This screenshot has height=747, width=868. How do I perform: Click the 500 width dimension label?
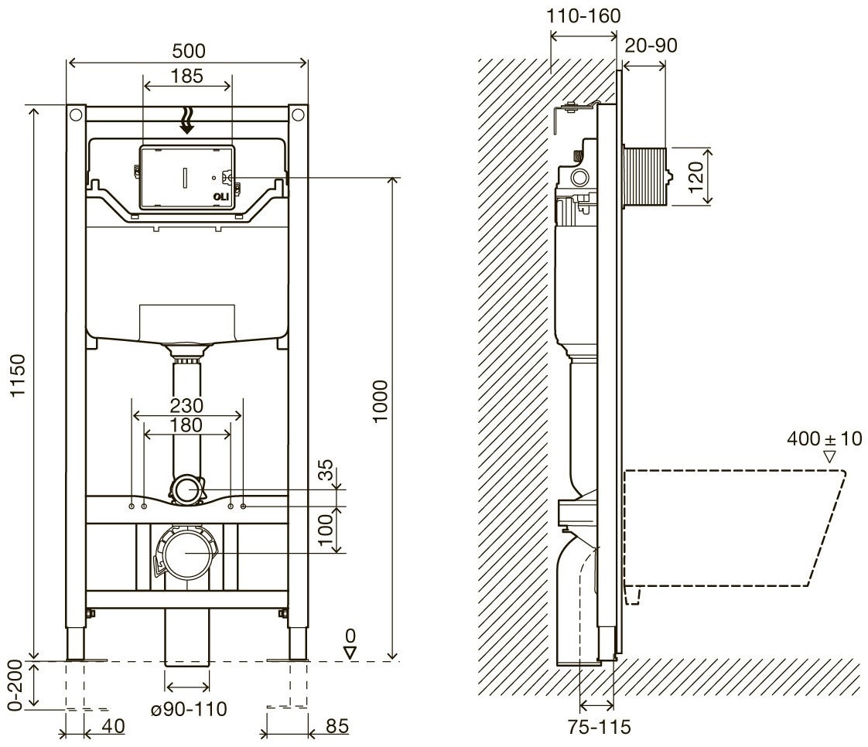pyautogui.click(x=189, y=51)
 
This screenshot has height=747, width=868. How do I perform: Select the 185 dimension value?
pyautogui.click(x=187, y=76)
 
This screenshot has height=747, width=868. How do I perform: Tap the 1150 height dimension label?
pyautogui.click(x=19, y=375)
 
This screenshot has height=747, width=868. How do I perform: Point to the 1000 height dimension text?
pyautogui.click(x=381, y=401)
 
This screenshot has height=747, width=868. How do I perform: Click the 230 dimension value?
pyautogui.click(x=186, y=406)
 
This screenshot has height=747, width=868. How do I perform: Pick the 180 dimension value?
pyautogui.click(x=186, y=425)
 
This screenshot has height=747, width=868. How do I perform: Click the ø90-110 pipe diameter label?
pyautogui.click(x=189, y=709)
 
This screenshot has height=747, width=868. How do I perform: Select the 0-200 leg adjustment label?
pyautogui.click(x=16, y=685)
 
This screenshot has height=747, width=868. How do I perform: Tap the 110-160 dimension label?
pyautogui.click(x=583, y=16)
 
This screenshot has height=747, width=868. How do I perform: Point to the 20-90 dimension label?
pyautogui.click(x=651, y=46)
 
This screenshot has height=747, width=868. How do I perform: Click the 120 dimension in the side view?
pyautogui.click(x=695, y=176)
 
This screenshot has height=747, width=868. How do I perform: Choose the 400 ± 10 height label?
pyautogui.click(x=824, y=438)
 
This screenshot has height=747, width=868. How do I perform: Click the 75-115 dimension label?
pyautogui.click(x=599, y=727)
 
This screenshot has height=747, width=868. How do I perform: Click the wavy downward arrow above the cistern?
pyautogui.click(x=188, y=121)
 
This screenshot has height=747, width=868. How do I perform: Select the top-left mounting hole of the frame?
pyautogui.click(x=76, y=115)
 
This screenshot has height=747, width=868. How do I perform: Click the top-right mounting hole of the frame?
pyautogui.click(x=298, y=115)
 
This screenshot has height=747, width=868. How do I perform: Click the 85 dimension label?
pyautogui.click(x=337, y=726)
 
